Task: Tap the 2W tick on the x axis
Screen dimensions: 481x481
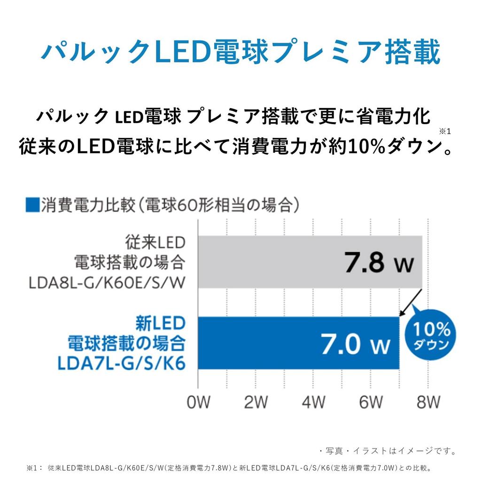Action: (x=256, y=403)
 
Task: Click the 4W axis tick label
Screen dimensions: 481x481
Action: (x=313, y=403)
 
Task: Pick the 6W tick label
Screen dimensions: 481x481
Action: (x=371, y=403)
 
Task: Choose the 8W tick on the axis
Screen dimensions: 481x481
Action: (x=427, y=403)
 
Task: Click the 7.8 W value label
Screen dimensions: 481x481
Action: (x=379, y=264)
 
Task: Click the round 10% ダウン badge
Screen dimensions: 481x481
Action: (x=431, y=336)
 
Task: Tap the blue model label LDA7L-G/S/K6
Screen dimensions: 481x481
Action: (x=121, y=363)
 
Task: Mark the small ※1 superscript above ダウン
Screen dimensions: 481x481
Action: (x=444, y=131)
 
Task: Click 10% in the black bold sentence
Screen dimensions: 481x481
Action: (x=364, y=147)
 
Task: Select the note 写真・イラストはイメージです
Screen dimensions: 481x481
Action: (x=388, y=451)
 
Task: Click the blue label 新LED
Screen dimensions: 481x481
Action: (x=160, y=324)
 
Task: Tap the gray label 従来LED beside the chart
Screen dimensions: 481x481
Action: (x=155, y=243)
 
